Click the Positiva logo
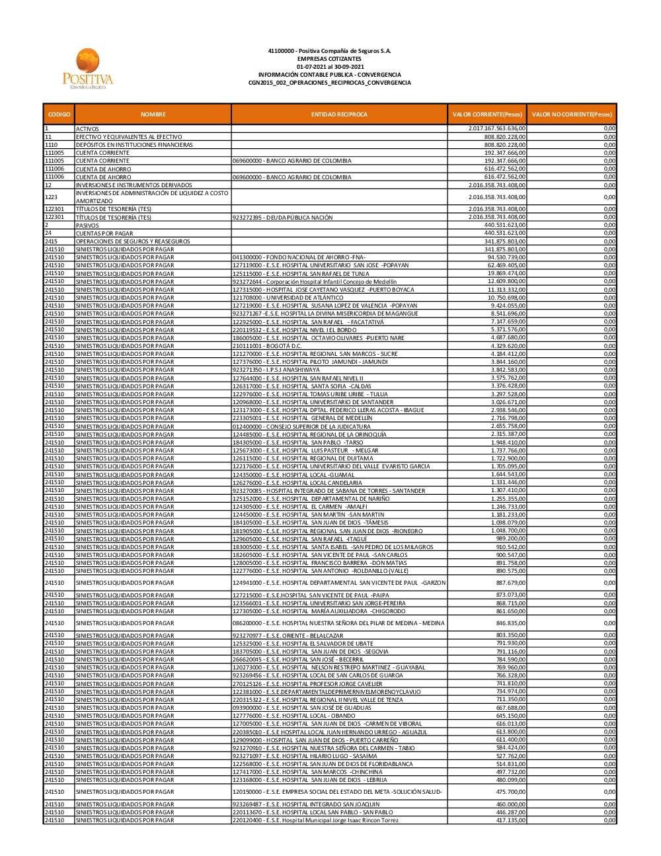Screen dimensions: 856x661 pyautogui.click(x=88, y=69)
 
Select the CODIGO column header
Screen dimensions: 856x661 pyautogui.click(x=59, y=114)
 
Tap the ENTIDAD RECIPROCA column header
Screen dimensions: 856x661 pyautogui.click(x=339, y=114)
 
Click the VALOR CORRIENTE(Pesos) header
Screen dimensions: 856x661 pyautogui.click(x=487, y=114)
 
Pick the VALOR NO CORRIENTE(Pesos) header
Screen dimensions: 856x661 pyautogui.click(x=572, y=114)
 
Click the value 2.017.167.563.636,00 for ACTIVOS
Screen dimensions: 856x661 pyautogui.click(x=497, y=128)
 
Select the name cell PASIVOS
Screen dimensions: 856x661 pyautogui.click(x=87, y=226)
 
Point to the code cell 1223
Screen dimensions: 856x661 pyautogui.click(x=51, y=197)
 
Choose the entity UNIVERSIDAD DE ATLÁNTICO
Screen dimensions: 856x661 pyautogui.click(x=288, y=298)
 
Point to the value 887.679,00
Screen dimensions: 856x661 pyautogui.click(x=510, y=583)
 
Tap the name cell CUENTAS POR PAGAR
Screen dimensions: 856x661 pyautogui.click(x=104, y=234)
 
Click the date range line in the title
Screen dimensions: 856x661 pyautogui.click(x=330, y=67)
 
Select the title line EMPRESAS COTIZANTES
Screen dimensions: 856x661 pyautogui.click(x=329, y=59)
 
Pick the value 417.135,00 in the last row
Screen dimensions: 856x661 pyautogui.click(x=510, y=820)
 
